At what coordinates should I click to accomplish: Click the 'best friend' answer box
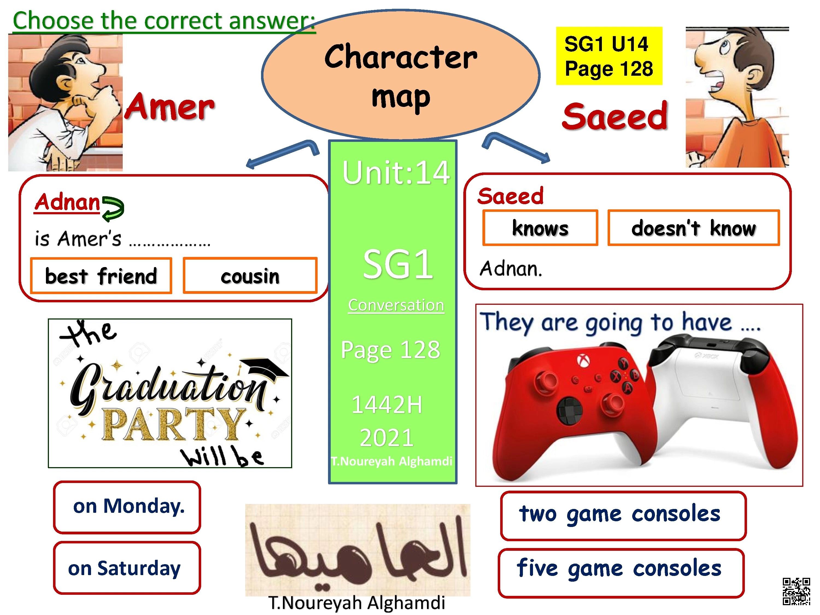[x=101, y=276]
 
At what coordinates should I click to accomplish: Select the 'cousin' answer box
[x=250, y=276]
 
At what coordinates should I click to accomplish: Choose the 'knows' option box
[x=540, y=228]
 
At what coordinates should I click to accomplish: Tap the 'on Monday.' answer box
[x=127, y=507]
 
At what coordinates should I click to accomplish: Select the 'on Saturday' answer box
[x=127, y=567]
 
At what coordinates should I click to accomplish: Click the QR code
[x=796, y=591]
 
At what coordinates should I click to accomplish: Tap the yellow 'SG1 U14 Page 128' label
[x=609, y=56]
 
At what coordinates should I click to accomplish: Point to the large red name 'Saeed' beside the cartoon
[x=615, y=116]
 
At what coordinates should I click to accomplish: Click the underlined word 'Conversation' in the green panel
[x=396, y=305]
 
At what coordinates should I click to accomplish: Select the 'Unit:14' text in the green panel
[x=396, y=173]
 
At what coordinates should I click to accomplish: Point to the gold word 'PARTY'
[x=174, y=424]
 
